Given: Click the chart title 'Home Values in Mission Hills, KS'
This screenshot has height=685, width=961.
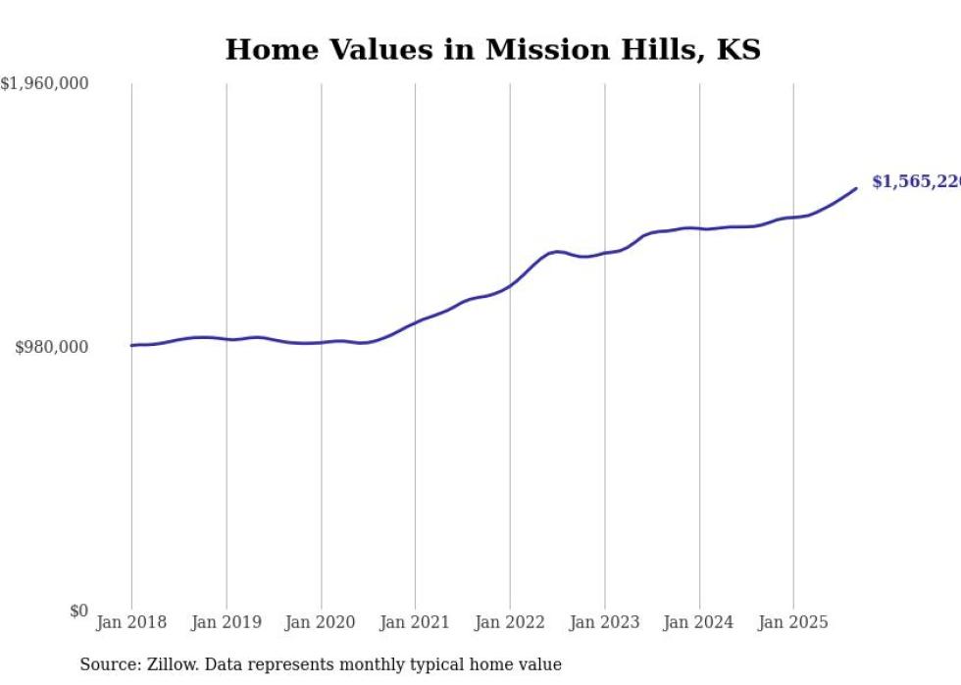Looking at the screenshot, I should point(492,50).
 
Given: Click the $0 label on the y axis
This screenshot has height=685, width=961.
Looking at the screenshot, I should point(78,611).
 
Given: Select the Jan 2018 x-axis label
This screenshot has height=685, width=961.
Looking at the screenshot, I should point(131,622).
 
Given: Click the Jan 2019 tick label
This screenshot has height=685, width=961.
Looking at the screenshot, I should point(227,622).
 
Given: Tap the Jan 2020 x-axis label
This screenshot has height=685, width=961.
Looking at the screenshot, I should point(321,622).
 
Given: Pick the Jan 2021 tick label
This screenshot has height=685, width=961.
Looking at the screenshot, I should point(415,622).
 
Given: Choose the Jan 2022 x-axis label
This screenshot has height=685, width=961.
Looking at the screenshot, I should point(510,622).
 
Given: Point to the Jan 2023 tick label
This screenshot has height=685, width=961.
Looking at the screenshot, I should point(604,622).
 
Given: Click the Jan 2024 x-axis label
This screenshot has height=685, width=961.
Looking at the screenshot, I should point(699,622).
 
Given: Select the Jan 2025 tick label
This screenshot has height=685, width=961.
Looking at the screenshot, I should point(793,622).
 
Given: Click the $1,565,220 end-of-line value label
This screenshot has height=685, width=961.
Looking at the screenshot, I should point(916,182).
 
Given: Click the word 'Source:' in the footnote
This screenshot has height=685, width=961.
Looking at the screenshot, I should point(107,664).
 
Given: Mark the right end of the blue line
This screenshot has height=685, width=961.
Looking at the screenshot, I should point(856,188).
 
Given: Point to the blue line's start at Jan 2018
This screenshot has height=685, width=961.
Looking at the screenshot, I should point(132,345).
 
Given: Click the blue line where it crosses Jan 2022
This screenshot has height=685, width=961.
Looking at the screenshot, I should point(510,285).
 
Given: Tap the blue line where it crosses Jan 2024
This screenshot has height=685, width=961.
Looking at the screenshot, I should point(699,228).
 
